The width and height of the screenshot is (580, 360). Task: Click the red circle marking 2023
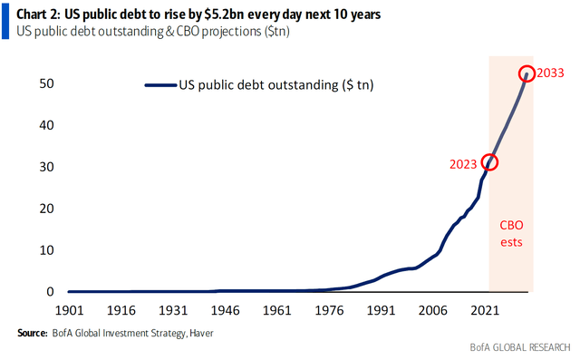490,162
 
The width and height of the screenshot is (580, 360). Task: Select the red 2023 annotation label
462,164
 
